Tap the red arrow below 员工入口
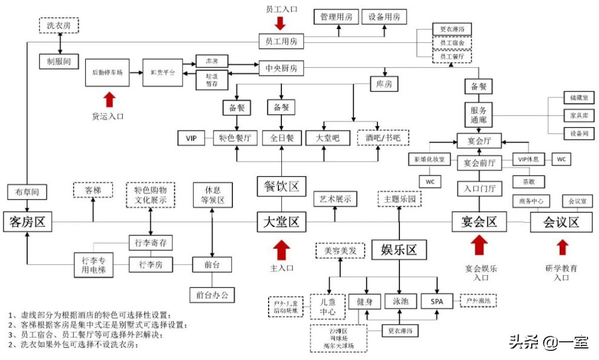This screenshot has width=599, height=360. click(280, 24)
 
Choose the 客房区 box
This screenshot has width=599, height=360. click(27, 222)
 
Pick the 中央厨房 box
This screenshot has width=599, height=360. click(281, 68)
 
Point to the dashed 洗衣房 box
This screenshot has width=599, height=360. click(59, 26)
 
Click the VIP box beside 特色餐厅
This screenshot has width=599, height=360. click(192, 139)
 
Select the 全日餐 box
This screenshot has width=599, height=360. click(282, 139)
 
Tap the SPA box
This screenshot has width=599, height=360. click(437, 301)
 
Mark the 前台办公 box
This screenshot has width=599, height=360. click(212, 294)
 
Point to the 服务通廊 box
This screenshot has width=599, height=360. click(479, 114)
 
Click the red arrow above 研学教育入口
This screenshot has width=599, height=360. click(563, 247)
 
